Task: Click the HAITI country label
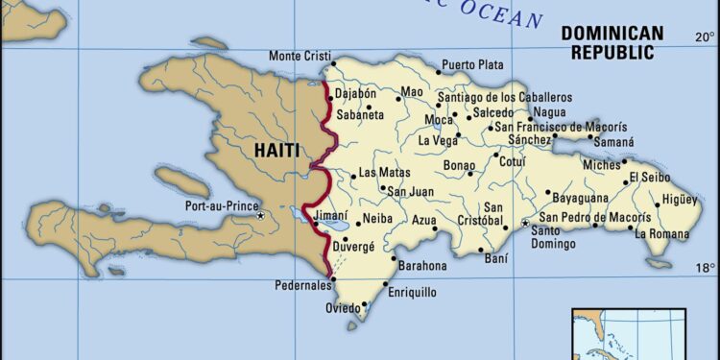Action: [276, 150]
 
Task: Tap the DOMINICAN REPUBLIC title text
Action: [612, 42]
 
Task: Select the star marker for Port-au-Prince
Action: [260, 216]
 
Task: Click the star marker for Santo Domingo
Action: [525, 223]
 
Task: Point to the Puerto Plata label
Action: [474, 65]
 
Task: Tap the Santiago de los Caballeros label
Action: [504, 97]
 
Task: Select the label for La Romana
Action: [661, 233]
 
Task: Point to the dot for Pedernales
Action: [331, 280]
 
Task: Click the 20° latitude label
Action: [705, 36]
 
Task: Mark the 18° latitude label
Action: [705, 267]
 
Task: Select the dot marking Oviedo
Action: [364, 306]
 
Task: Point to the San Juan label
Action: [407, 191]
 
